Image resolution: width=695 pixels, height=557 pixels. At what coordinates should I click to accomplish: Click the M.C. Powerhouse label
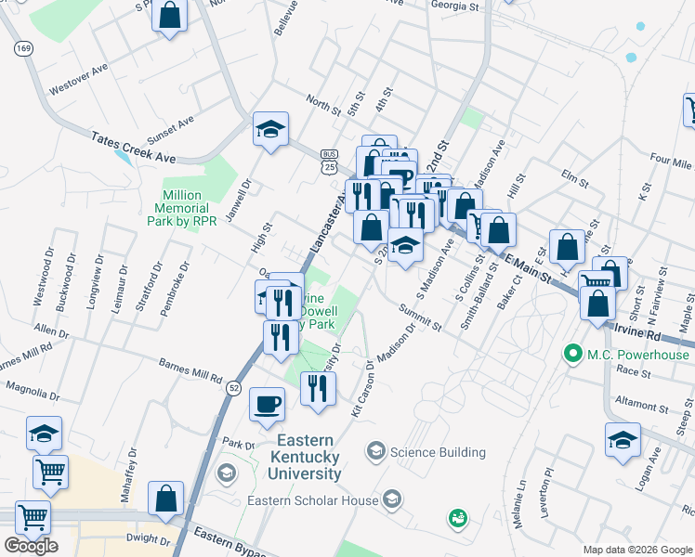[639, 355]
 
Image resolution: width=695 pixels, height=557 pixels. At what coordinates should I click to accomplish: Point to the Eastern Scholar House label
[312, 501]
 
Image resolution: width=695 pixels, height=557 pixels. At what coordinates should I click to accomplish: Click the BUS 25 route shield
[329, 161]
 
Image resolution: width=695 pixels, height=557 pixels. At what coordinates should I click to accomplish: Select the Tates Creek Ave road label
[133, 148]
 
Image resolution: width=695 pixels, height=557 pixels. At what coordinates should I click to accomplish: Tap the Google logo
[31, 546]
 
